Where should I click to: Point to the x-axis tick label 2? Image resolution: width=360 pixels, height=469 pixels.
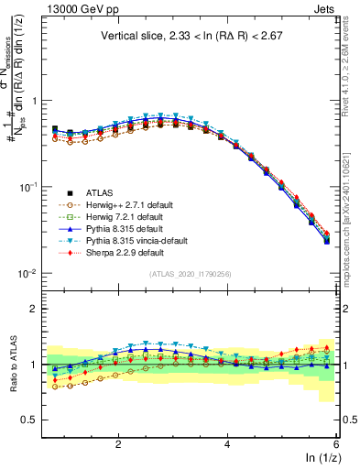pyautogui.click(x=117, y=443)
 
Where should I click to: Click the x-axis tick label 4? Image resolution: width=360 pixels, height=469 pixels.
pyautogui.click(x=227, y=443)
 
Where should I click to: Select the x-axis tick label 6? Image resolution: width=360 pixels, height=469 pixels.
pyautogui.click(x=336, y=443)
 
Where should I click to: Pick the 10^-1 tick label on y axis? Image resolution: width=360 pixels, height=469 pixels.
pyautogui.click(x=27, y=187)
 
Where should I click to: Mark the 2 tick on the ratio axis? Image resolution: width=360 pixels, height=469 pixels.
pyautogui.click(x=33, y=309)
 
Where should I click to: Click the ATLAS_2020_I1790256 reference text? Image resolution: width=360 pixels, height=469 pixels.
pyautogui.click(x=190, y=274)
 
